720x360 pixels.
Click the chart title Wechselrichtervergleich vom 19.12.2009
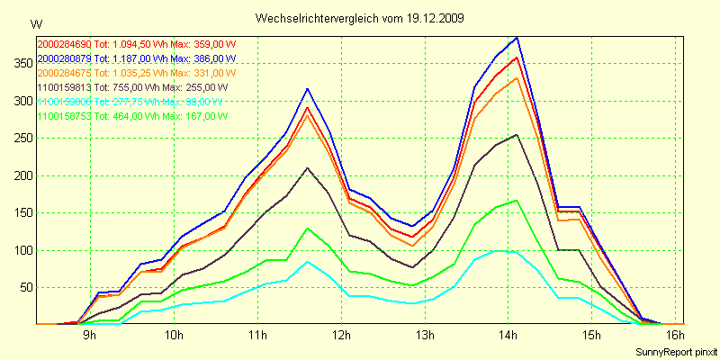coord(360,18)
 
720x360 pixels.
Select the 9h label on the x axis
coord(90,336)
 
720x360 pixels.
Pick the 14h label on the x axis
coord(508,336)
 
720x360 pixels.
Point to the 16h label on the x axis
coord(676,336)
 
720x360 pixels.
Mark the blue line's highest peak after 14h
coord(517,37)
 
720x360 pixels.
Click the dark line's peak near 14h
coord(517,135)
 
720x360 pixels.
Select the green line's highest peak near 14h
coord(517,201)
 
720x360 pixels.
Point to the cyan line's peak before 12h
coord(308,261)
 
